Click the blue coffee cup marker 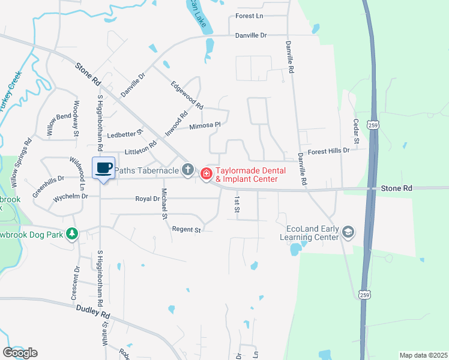[103, 167]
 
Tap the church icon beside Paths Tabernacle [188, 170]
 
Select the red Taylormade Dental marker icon [206, 174]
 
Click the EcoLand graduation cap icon [348, 232]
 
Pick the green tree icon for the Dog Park [72, 233]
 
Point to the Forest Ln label [250, 16]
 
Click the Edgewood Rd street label [187, 95]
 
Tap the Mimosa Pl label [205, 126]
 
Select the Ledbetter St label [125, 134]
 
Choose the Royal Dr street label [146, 199]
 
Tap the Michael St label [164, 203]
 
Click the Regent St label [185, 229]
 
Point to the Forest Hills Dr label [328, 151]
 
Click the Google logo [20, 353]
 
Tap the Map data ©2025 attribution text [423, 355]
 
